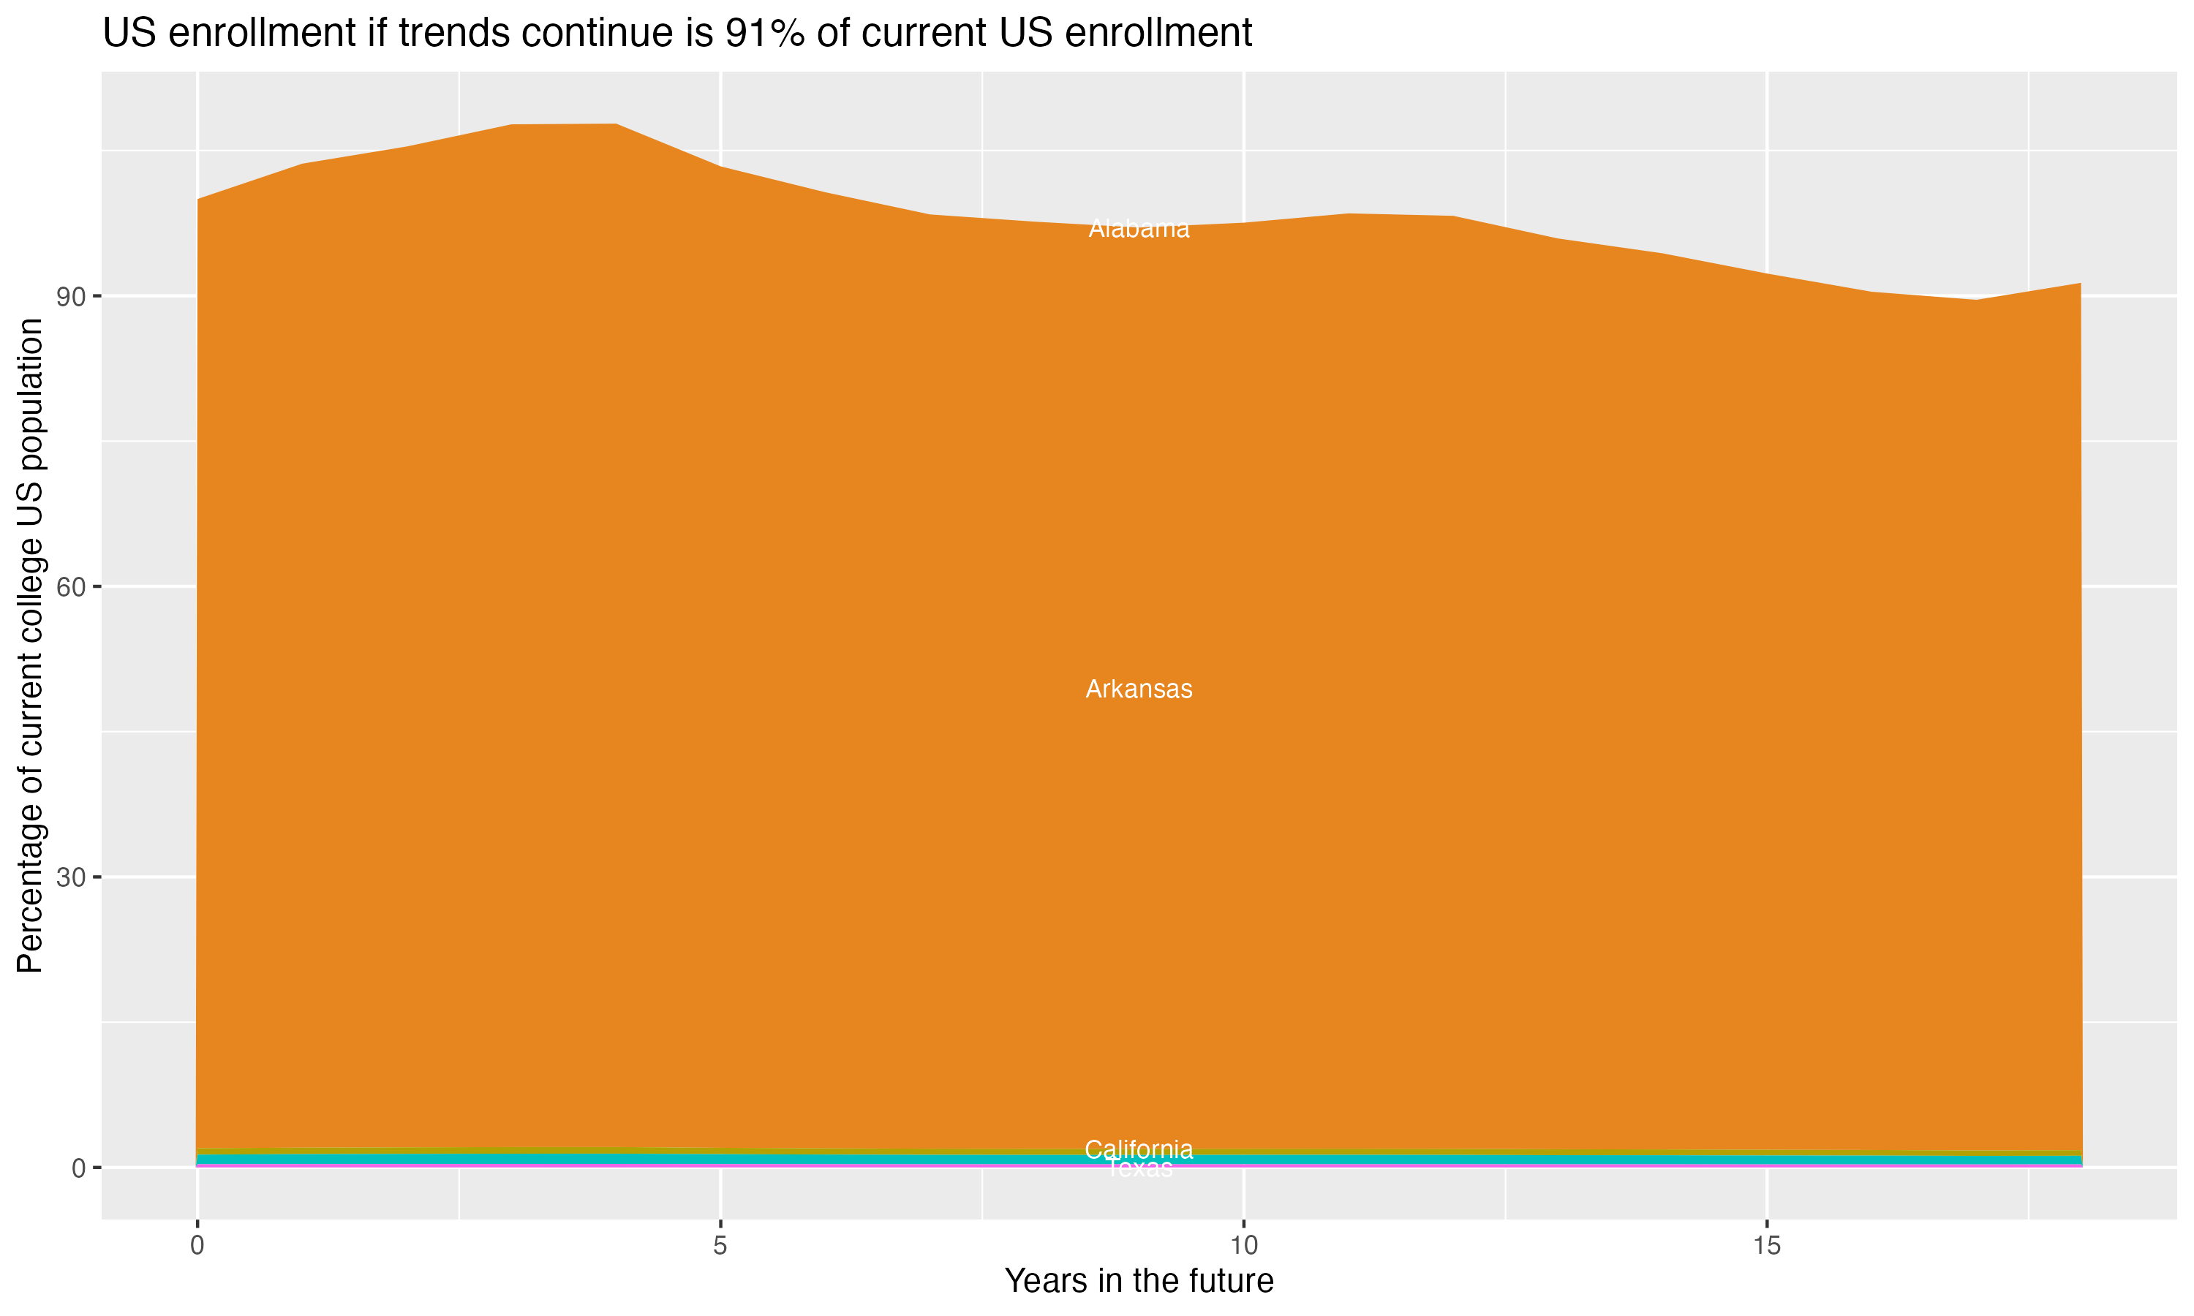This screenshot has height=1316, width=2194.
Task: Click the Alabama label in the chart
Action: click(1139, 229)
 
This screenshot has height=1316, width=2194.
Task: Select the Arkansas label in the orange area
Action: click(1139, 689)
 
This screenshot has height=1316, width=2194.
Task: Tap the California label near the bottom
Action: click(1139, 1149)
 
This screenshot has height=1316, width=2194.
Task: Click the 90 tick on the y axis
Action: click(71, 296)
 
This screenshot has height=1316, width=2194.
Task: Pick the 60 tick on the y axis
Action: click(71, 587)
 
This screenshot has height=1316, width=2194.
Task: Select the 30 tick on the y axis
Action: click(71, 878)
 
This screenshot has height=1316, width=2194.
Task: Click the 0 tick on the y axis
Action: click(79, 1168)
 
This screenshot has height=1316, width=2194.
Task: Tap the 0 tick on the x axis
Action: click(197, 1246)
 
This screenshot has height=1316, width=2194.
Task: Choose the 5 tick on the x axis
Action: click(720, 1246)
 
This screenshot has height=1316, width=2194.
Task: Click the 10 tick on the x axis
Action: click(1243, 1246)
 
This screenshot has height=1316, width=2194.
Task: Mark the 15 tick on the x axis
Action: click(1767, 1246)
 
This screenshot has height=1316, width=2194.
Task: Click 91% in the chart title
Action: click(764, 34)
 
